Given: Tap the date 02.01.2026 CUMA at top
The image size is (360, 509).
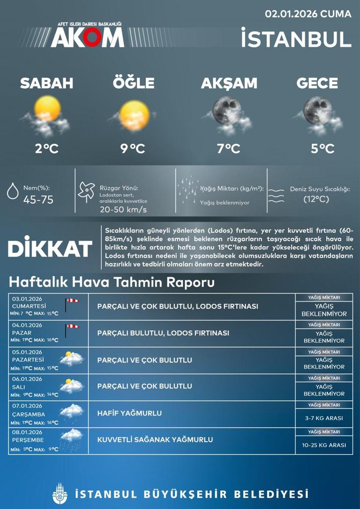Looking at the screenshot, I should pyautogui.click(x=308, y=14).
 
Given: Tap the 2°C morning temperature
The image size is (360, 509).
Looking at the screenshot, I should pyautogui.click(x=46, y=149).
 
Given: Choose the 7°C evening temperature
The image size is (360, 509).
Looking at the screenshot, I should pyautogui.click(x=228, y=149).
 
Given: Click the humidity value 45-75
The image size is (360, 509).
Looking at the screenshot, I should pyautogui.click(x=38, y=200).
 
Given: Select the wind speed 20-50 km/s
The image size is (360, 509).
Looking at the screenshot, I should pyautogui.click(x=123, y=209).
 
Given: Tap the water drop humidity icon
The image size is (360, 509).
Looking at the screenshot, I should pyautogui.click(x=12, y=193).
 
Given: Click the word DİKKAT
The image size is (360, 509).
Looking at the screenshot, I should pyautogui.click(x=50, y=249).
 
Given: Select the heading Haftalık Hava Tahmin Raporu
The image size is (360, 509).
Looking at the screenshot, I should pyautogui.click(x=112, y=282).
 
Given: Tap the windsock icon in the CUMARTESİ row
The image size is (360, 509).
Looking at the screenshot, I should pyautogui.click(x=72, y=303).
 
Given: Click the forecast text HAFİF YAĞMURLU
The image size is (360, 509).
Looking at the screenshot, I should pyautogui.click(x=130, y=413).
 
